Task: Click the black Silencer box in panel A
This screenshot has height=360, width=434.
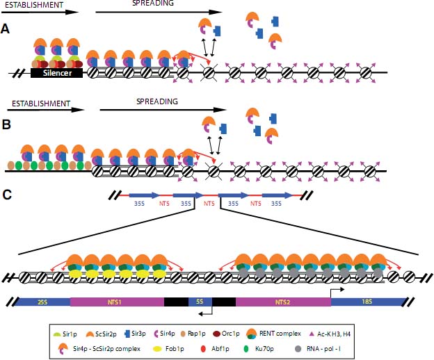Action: pos(57,71)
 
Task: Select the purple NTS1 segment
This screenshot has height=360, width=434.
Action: pos(116,302)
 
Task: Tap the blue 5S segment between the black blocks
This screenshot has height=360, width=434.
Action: pos(200,302)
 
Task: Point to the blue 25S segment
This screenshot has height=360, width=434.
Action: pos(42,302)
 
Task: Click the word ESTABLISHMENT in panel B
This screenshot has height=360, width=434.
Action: pos(39,104)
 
